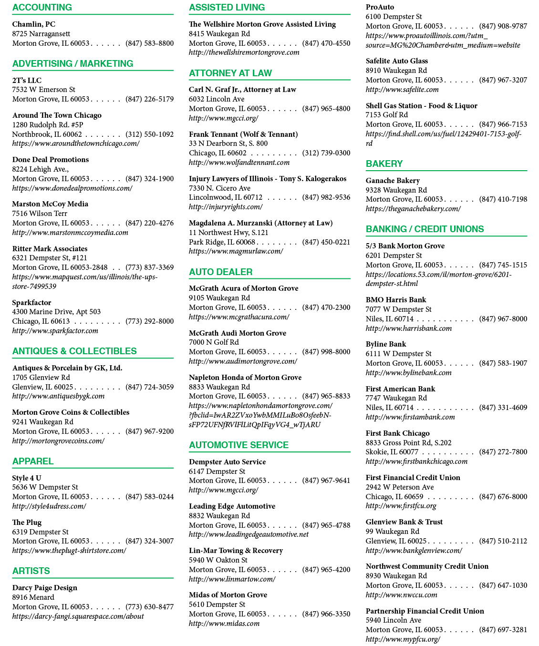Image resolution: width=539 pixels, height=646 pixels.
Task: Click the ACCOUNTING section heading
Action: coord(42,7)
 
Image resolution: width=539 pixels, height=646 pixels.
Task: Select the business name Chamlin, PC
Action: coord(34,24)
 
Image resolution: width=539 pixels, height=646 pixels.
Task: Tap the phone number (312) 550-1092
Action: coord(149,134)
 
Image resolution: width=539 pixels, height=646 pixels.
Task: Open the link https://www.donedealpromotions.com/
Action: coord(72,188)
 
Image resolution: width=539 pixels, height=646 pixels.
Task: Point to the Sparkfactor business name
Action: coord(31,302)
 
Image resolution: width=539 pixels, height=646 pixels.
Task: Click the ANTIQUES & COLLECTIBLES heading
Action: coord(74,351)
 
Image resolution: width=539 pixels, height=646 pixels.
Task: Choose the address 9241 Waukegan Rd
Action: coord(43,422)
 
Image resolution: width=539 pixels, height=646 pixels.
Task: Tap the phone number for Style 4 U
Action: coord(149,497)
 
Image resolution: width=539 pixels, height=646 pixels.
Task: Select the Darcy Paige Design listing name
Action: coord(44,587)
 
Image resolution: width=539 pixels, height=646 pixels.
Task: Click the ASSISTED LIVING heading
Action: coord(227,7)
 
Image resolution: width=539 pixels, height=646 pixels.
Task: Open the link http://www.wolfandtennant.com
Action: coord(239,163)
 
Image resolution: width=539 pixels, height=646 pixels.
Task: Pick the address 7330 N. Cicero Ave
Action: coord(220,188)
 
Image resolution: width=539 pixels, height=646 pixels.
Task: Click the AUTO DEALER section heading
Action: coord(221,272)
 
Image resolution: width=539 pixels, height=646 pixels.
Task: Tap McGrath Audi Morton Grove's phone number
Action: coord(326,352)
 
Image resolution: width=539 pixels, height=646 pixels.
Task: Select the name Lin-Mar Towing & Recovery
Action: coord(236,550)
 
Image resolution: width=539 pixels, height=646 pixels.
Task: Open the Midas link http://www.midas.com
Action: coord(224,624)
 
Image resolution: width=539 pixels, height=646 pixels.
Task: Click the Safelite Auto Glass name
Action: coord(396,61)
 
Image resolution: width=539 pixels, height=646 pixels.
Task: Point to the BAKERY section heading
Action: coord(384,164)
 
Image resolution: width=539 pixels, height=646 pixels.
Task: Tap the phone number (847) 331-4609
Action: coord(503,408)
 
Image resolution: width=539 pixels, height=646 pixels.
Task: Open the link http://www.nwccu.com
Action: coord(402,595)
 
